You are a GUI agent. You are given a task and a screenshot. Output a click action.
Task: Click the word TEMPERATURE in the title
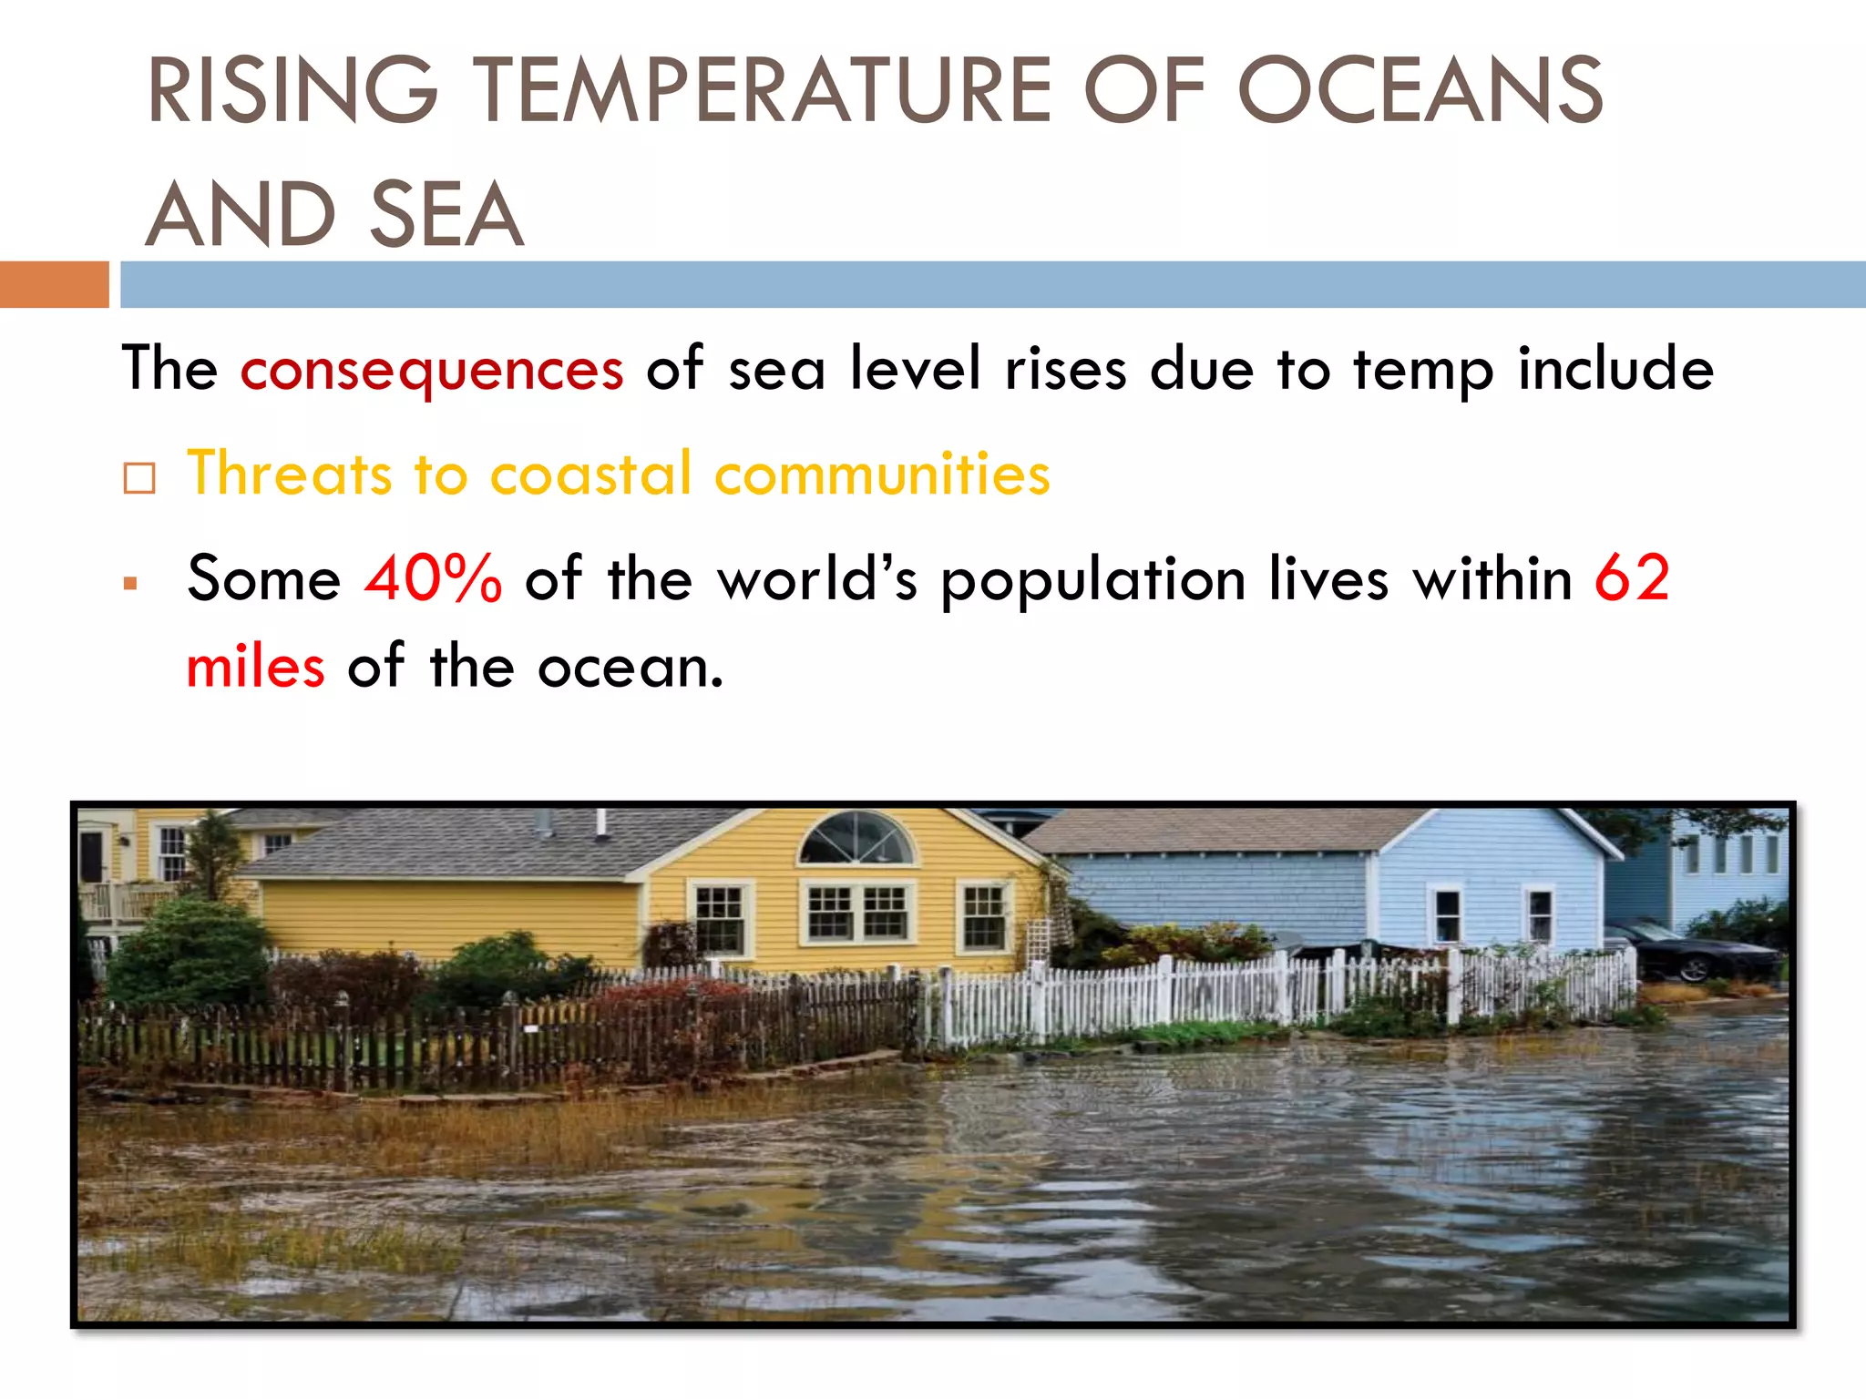764,90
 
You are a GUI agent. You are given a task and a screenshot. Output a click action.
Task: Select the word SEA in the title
446,215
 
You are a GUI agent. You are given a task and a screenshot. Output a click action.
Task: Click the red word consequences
432,370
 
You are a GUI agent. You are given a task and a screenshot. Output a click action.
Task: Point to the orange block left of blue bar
54,284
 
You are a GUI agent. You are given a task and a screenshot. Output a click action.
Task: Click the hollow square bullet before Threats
139,477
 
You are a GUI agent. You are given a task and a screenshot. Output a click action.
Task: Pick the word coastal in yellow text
591,474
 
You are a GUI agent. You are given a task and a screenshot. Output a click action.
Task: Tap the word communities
882,474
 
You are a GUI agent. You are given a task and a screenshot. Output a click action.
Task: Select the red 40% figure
433,578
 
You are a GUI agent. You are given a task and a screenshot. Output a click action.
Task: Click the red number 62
1632,578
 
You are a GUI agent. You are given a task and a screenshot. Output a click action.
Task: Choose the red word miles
255,667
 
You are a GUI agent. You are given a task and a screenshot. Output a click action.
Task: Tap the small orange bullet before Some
130,584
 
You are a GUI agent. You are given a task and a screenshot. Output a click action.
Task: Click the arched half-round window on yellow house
856,839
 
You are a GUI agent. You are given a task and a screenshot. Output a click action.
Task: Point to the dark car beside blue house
1695,953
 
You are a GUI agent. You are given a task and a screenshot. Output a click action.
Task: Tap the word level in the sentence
915,369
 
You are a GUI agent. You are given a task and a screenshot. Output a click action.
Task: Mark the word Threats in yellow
289,474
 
